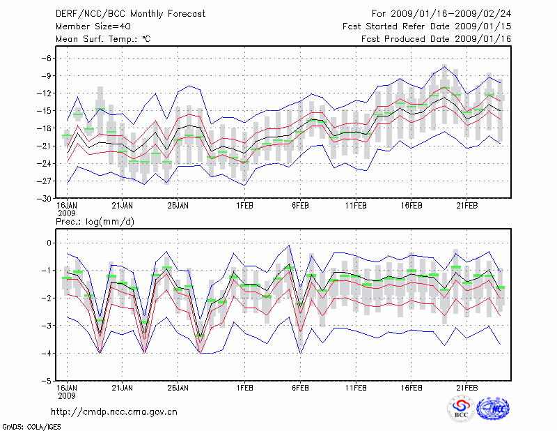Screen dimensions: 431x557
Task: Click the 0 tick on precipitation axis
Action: (49, 243)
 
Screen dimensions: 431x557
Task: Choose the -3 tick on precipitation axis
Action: (47, 326)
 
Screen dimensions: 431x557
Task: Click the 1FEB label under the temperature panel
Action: (244, 205)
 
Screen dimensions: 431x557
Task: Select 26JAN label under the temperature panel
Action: (178, 205)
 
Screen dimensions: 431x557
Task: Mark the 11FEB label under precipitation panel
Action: (356, 387)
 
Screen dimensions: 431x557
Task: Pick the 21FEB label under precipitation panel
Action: (466, 387)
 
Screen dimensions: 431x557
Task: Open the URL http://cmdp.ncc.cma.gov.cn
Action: (115, 411)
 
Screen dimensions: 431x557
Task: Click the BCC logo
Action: (461, 409)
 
